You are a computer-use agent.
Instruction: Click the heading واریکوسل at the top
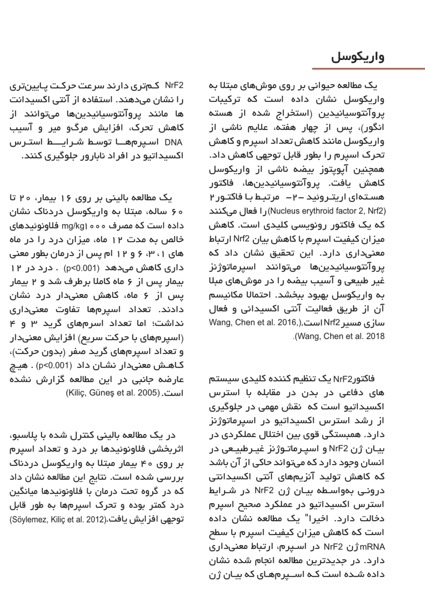tap(357, 57)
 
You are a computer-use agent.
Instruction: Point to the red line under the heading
tap(368, 69)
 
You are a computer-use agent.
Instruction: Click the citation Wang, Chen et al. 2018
tap(339, 336)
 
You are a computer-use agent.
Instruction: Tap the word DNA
tap(173, 142)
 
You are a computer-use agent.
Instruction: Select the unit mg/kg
tap(73, 226)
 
